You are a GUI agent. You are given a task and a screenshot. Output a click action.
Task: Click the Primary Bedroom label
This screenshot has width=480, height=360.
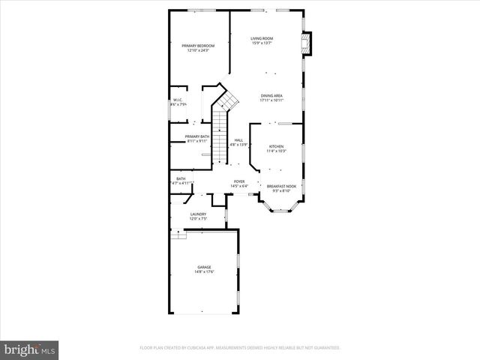(198, 46)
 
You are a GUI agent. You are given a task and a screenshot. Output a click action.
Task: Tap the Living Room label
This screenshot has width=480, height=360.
(262, 38)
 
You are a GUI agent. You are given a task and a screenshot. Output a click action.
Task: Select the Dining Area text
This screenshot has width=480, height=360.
(271, 95)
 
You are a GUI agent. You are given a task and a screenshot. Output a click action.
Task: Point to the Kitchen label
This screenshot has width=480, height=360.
(276, 146)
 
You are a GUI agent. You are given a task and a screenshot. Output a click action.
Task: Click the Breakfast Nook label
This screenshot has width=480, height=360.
(281, 185)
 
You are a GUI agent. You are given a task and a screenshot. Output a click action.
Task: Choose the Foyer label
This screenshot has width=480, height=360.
(239, 181)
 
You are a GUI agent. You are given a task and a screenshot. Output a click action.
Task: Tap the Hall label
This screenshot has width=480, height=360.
(238, 139)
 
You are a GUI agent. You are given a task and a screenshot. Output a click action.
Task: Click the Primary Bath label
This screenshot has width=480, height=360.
(197, 136)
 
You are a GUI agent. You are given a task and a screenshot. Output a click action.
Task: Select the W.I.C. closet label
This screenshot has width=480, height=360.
(178, 100)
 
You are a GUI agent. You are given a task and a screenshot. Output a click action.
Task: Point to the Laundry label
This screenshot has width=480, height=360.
(198, 214)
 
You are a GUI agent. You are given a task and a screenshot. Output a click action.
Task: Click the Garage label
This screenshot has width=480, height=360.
(204, 267)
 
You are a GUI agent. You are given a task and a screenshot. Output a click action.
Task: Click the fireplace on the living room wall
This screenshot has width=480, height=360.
(305, 43)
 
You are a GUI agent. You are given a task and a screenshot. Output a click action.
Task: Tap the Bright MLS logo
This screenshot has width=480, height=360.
(30, 349)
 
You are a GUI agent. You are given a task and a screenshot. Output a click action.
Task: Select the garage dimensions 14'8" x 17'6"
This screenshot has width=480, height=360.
(204, 272)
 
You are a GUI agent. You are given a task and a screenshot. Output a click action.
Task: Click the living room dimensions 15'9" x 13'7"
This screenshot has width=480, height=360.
(262, 43)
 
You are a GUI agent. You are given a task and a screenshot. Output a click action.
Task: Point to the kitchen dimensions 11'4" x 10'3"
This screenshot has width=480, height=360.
(276, 151)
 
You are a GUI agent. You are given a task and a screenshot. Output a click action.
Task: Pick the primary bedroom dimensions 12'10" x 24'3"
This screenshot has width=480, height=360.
(198, 50)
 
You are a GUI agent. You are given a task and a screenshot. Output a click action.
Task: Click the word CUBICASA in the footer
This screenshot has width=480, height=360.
(194, 348)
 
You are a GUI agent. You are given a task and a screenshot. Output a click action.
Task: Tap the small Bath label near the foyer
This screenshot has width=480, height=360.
(181, 178)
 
